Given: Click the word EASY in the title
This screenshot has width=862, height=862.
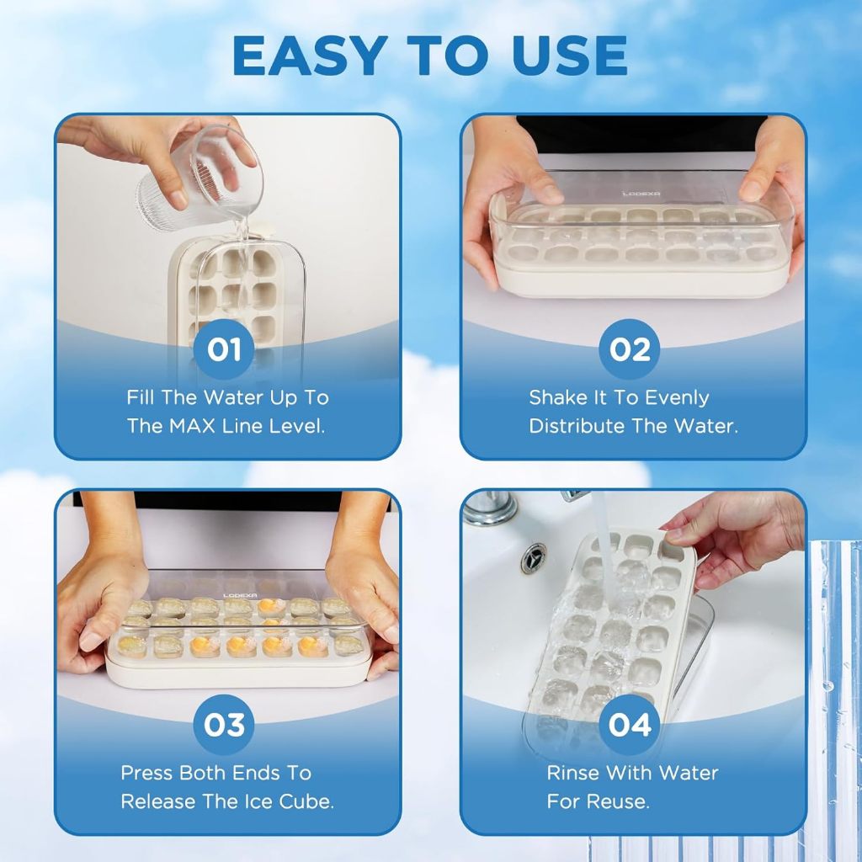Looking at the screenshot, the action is click(x=308, y=56).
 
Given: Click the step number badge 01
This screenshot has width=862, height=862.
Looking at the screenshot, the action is click(x=224, y=349).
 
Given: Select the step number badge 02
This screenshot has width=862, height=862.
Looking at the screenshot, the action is click(x=630, y=349).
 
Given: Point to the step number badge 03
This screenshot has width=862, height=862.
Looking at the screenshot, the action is click(x=224, y=724).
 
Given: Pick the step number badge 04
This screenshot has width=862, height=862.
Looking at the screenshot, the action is click(x=630, y=724).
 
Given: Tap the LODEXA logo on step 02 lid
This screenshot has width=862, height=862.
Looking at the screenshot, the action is click(x=641, y=194).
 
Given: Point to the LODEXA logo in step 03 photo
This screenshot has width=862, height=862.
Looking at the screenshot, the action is click(x=240, y=595).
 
